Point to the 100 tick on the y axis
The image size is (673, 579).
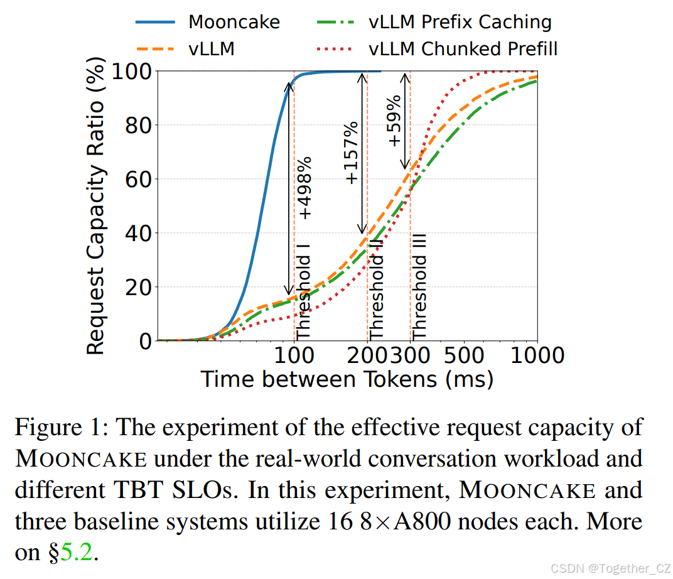click(131, 71)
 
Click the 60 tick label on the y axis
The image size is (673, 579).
click(139, 180)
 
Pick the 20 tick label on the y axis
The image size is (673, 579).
click(139, 288)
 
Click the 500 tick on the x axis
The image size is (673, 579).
click(465, 356)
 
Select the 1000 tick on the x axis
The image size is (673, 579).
click(537, 356)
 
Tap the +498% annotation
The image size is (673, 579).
click(306, 188)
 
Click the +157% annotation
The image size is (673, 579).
click(352, 153)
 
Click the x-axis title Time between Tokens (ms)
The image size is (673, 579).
click(347, 379)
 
